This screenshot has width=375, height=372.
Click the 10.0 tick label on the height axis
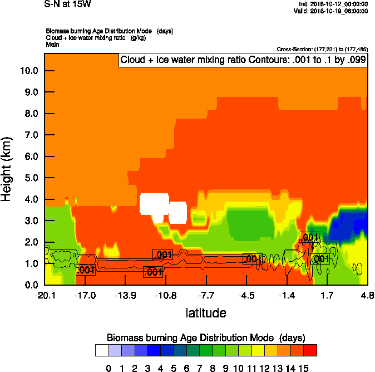pyautogui.click(x=28, y=71)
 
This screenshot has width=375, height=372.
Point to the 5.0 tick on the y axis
pyautogui.click(x=31, y=178)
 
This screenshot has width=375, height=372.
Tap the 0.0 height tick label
pyautogui.click(x=31, y=285)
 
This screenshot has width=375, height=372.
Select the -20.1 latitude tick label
pyautogui.click(x=45, y=295)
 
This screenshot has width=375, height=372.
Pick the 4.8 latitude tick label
pyautogui.click(x=367, y=295)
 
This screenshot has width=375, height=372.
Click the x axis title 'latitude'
pyautogui.click(x=206, y=313)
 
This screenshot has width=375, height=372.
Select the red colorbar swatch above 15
pyautogui.click(x=310, y=350)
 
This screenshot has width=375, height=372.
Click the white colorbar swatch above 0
pyautogui.click(x=102, y=350)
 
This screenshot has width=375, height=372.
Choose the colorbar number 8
pyautogui.click(x=212, y=368)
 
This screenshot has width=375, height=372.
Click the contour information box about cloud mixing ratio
pyautogui.click(x=243, y=60)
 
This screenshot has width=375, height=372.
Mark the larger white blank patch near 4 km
pyautogui.click(x=154, y=204)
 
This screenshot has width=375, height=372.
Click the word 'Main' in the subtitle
pyautogui.click(x=52, y=43)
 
